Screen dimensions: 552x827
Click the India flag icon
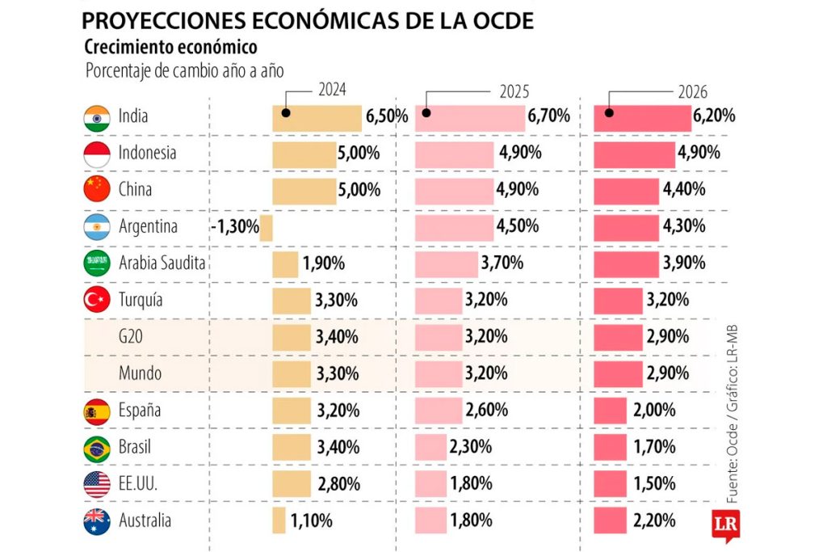[97, 117]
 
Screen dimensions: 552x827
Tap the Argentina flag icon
[97, 227]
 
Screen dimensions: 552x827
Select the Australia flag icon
[97, 521]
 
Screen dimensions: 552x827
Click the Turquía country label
[141, 300]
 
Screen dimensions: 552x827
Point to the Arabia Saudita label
[162, 263]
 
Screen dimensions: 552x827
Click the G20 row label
[132, 337]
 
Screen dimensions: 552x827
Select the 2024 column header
[333, 90]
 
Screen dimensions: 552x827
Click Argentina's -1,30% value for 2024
[235, 227]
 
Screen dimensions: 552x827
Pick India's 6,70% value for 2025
[549, 116]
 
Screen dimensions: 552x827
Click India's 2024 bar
[317, 117]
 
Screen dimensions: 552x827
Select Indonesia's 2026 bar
[634, 154]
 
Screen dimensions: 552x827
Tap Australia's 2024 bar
[279, 520]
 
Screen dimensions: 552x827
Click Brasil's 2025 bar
[430, 447]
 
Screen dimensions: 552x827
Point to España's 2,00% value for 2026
[654, 411]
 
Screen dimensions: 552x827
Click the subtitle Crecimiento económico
[170, 47]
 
